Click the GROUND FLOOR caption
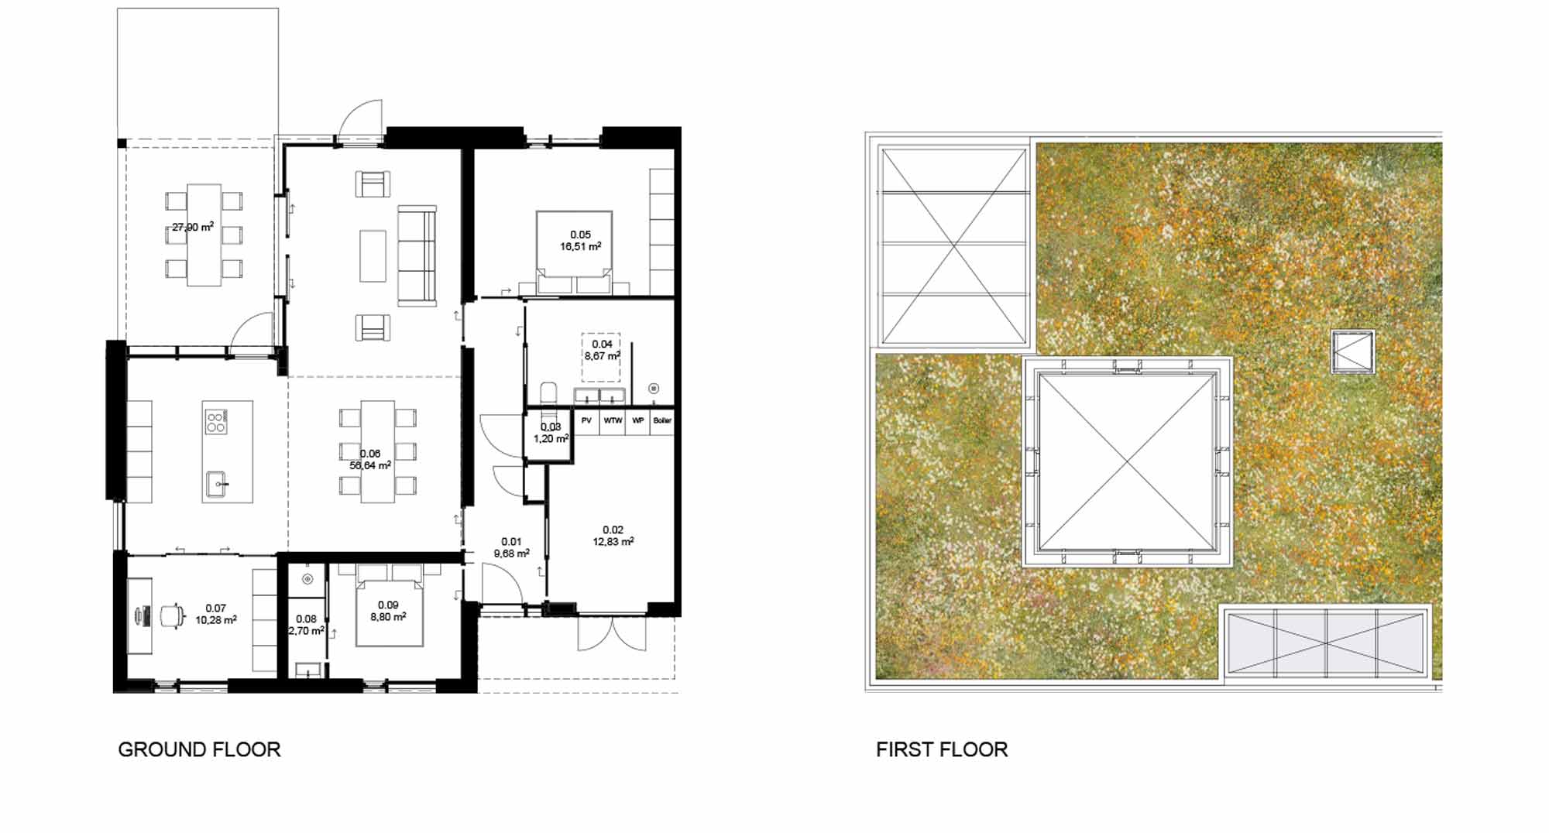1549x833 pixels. coord(199,749)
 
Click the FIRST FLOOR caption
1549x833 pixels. coord(942,749)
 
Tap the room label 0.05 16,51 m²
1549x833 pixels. coord(580,241)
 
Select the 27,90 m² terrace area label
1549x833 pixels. coord(193,227)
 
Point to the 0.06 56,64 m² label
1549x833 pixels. coord(370,460)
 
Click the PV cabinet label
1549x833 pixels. coord(586,420)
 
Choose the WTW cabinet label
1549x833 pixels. coord(613,420)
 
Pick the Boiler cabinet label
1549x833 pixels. coord(662,420)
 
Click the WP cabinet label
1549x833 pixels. coord(637,420)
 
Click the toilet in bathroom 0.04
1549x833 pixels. coord(548,393)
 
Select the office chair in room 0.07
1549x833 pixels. coord(171,615)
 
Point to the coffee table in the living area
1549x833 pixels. coord(373,255)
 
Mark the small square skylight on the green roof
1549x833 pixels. coord(1353,352)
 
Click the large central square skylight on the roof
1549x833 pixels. coord(1127,461)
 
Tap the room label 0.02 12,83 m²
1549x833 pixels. coord(613,536)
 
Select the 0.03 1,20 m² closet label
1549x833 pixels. coord(551,433)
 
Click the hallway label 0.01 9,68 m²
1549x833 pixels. coord(511,547)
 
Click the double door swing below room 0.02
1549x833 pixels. coord(612,633)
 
